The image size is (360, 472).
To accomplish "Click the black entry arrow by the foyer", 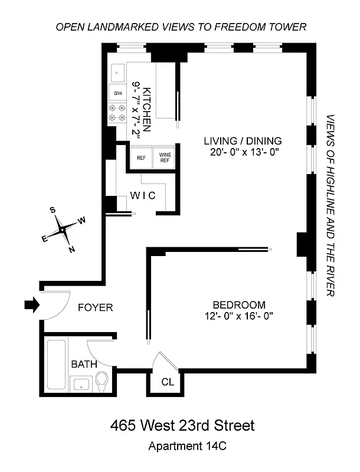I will pos(31,305).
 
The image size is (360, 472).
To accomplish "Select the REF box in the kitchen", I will pos(141,158).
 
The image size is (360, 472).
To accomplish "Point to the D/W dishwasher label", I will pos(117,93).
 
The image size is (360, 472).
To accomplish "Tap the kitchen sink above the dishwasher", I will pos(117,73).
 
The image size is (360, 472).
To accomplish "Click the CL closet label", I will pos(168,382).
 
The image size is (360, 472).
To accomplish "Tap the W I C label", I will pos(143,196).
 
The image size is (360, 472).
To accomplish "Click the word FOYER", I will pos(95,307).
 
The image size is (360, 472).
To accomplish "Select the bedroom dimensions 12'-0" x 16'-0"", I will pos(238,316).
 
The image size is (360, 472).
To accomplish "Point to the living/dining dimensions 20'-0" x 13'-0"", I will pos(243,152).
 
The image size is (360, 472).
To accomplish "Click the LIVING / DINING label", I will pos(243,141).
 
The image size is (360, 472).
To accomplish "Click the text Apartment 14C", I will pos(182,447).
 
